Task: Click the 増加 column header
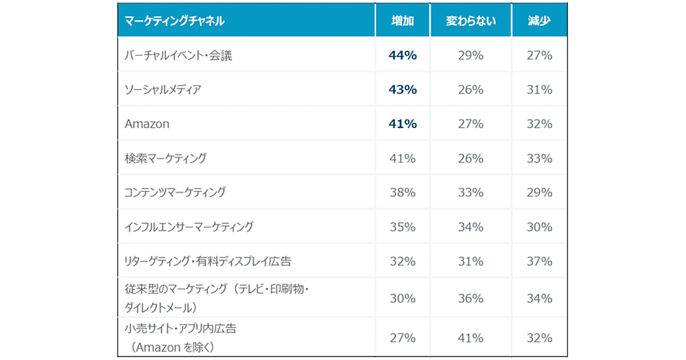402,21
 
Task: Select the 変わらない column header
470,21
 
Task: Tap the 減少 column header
539,21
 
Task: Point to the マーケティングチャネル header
174,21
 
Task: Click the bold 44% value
402,55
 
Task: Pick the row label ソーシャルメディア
163,90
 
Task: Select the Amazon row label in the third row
147,124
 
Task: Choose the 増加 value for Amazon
402,124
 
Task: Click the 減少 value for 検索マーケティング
539,158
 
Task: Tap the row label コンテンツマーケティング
175,193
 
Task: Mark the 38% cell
402,193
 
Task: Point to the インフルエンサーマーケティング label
189,227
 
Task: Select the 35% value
402,227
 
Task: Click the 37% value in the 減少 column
539,261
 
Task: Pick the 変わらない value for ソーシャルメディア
470,90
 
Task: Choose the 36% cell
470,298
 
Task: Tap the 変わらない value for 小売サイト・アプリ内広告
470,338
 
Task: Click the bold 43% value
402,90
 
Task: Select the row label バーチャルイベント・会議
178,55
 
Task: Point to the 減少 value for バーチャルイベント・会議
539,55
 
